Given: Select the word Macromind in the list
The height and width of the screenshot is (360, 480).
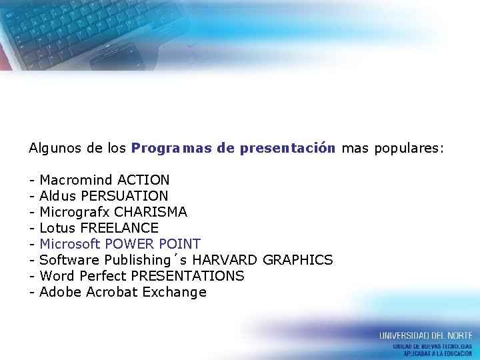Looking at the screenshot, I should [x=76, y=180].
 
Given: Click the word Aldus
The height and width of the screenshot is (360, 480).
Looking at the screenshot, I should [x=58, y=196].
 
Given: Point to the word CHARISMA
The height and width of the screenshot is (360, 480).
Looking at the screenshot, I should [x=151, y=212].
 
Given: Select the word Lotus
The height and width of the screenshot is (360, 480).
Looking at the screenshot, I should [x=57, y=228].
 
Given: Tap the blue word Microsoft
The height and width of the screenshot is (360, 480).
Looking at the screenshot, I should [x=70, y=244].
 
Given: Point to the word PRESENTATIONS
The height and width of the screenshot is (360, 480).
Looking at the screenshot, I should [x=187, y=276].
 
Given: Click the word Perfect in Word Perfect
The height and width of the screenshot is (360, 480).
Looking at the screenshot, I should [x=103, y=276].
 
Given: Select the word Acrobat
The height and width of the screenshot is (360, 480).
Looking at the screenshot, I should [x=112, y=292].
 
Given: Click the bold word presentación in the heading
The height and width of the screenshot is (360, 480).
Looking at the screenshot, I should [x=287, y=148].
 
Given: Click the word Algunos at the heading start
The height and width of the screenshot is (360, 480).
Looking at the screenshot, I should [x=55, y=148].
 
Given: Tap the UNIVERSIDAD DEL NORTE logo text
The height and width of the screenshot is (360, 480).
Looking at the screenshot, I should [x=425, y=335].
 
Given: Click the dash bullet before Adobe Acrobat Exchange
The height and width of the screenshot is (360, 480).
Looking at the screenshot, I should [x=31, y=292].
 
